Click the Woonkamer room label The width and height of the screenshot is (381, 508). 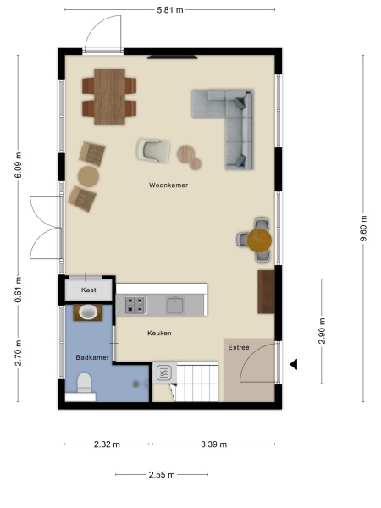168,184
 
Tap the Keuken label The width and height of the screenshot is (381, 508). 159,334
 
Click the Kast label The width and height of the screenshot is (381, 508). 89,290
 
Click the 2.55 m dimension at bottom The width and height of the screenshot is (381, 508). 158,475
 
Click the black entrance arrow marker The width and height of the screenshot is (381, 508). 295,365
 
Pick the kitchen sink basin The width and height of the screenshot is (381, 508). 176,305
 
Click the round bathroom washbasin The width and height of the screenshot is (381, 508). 86,312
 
